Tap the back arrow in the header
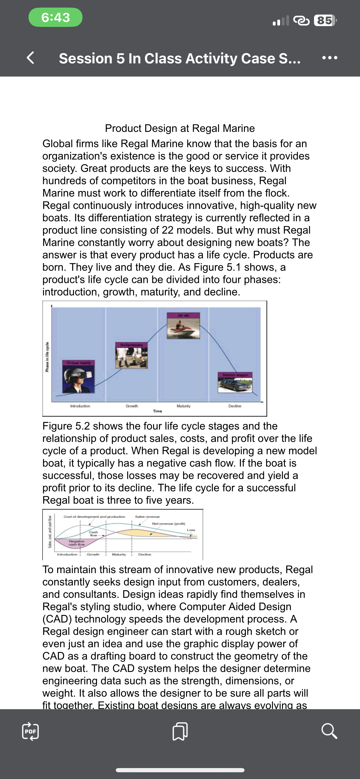coord(31,58)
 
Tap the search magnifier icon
coord(329,731)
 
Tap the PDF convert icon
coord(31,731)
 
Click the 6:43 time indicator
coord(56,18)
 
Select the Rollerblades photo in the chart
coord(131,357)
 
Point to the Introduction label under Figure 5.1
coord(80,406)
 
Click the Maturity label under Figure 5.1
coord(183,406)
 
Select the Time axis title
coord(158,411)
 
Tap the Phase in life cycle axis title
coord(47,357)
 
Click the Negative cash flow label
coord(77,543)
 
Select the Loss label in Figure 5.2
coord(191,530)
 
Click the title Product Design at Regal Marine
coord(180,128)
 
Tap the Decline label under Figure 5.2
coord(145,554)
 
